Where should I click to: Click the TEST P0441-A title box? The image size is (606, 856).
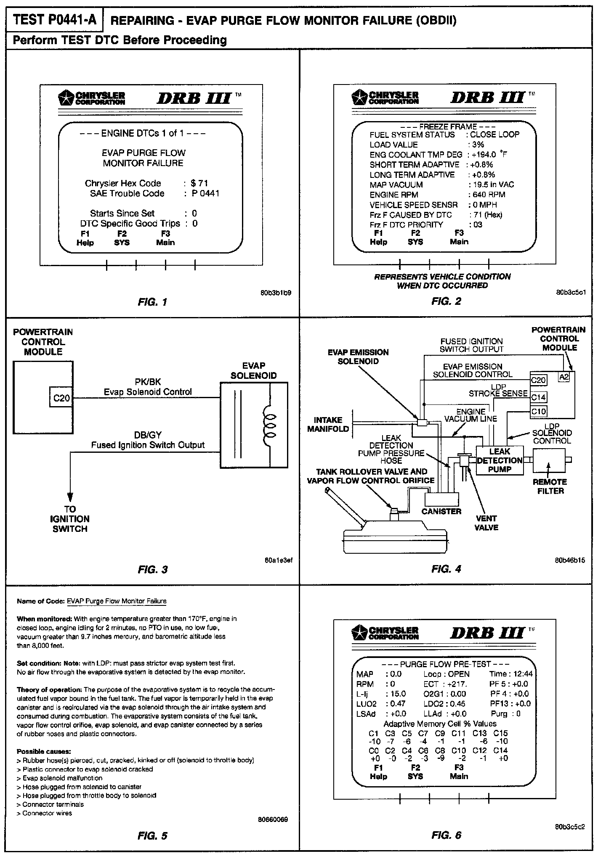[54, 20]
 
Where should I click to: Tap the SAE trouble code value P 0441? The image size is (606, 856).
[205, 193]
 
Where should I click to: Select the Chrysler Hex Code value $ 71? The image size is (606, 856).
[199, 183]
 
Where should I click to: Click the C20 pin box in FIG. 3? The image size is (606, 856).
[61, 397]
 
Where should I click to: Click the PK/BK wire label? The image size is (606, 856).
[148, 382]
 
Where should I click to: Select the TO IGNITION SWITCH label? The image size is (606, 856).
[70, 519]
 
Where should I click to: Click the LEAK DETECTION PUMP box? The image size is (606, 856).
[500, 460]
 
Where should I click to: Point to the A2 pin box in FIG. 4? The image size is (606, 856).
[564, 377]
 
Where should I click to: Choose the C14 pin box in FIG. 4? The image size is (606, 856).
[539, 397]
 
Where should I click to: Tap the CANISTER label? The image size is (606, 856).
[441, 511]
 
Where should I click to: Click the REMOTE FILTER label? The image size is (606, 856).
[550, 486]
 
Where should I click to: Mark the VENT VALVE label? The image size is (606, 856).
[486, 523]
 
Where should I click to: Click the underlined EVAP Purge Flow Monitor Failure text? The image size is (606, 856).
[117, 601]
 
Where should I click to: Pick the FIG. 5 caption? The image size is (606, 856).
[152, 836]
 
